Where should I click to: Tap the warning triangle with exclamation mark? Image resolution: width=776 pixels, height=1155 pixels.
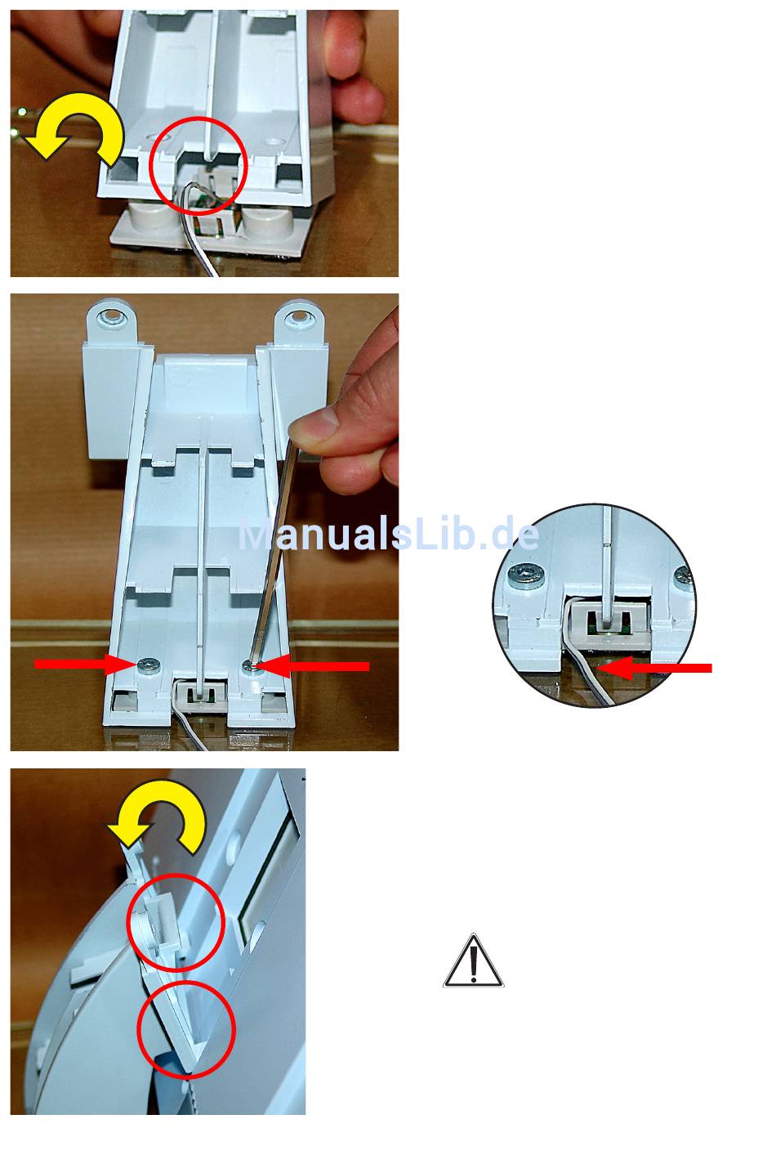coord(474,962)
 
